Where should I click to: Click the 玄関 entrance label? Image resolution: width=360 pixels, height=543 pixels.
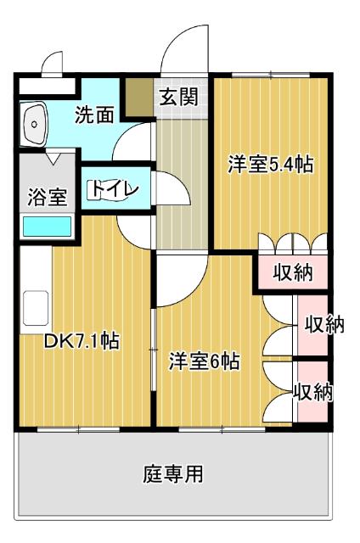pos(178,96)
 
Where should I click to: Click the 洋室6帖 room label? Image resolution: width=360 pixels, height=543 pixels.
pos(204,361)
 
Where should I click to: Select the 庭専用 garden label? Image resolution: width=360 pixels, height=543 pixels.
pos(172,473)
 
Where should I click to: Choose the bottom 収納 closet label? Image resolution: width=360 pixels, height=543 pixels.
pos(313,392)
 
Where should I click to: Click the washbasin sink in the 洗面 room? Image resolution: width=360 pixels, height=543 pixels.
pos(36,126)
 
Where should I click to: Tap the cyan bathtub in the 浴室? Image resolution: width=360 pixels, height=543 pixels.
pos(47,226)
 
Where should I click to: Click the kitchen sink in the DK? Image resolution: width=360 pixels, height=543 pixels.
pos(36,308)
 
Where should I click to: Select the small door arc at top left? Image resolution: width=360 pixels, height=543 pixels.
pos(52,64)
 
